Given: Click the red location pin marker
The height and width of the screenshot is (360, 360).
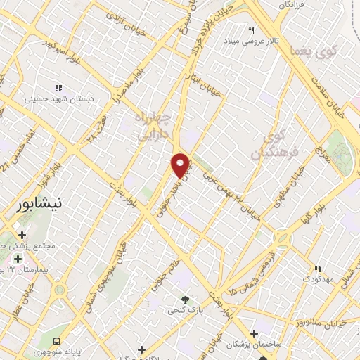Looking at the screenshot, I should pos(181,165).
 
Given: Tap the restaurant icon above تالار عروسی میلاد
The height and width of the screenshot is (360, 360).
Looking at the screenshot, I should pos(251,30).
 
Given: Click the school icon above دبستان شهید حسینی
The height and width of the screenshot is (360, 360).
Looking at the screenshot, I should pos(59,88).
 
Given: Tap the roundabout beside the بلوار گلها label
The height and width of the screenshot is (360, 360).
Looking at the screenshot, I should pos(283,239).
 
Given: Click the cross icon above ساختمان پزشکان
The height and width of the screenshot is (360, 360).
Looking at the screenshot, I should pos(254,334).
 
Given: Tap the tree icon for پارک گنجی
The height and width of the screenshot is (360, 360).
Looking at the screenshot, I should pos(186,299).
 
